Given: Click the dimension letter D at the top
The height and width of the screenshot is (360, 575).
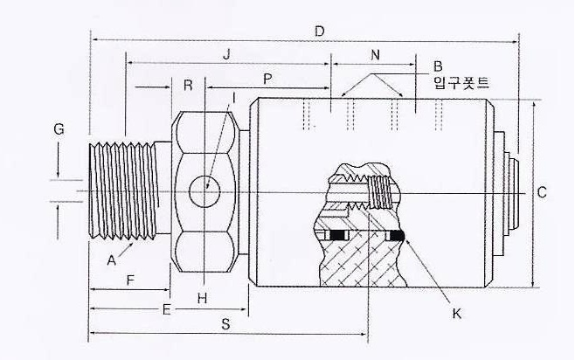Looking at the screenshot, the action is [x=320, y=31].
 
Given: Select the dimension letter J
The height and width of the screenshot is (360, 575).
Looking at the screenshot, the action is [x=227, y=54].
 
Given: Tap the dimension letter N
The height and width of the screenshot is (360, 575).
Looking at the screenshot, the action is [x=375, y=55].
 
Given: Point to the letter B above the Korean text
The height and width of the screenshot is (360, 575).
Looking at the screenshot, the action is [x=438, y=66].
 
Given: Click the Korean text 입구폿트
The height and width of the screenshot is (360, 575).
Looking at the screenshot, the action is [x=461, y=83].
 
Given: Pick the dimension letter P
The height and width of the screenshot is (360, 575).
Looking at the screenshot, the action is [x=267, y=79].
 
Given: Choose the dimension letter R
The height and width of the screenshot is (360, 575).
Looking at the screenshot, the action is [x=188, y=85].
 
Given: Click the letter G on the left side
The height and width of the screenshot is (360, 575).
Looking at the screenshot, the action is [x=59, y=128].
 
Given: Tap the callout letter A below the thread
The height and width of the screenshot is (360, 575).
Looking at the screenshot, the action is [x=112, y=260].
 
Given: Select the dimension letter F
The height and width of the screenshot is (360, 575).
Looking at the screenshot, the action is [x=130, y=280].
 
